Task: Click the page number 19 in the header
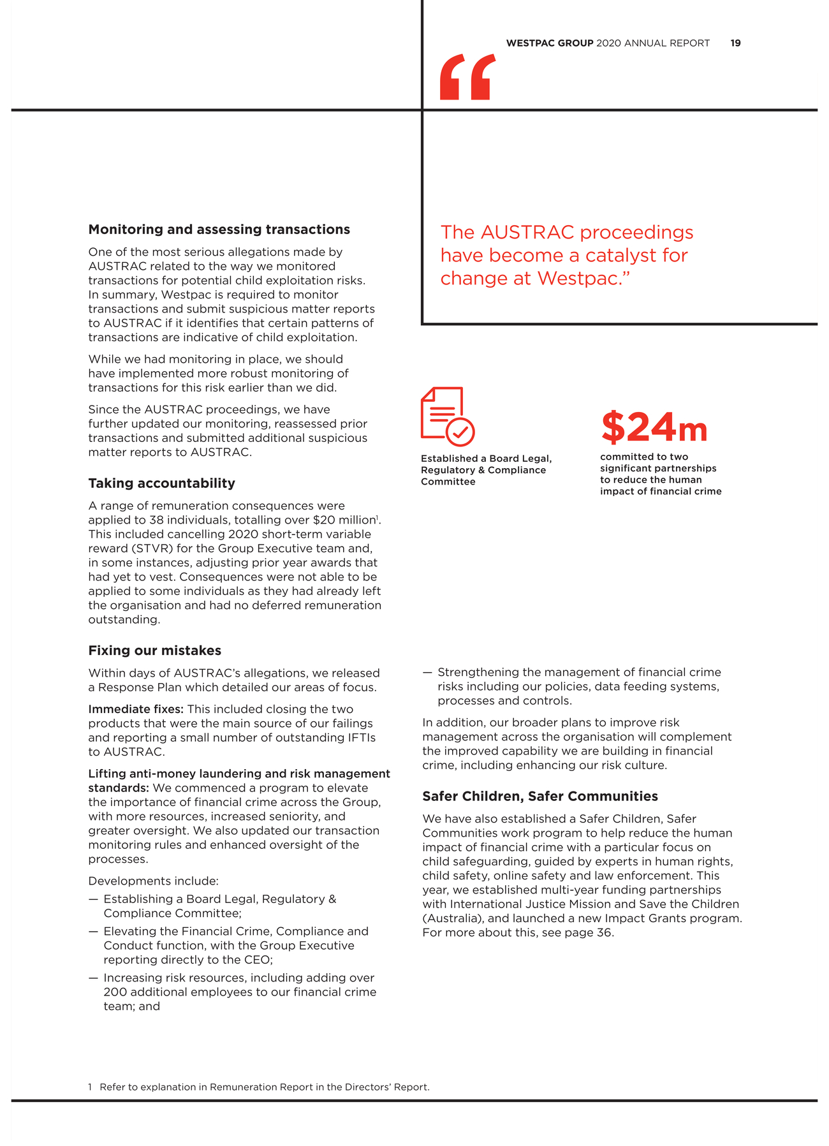[735, 43]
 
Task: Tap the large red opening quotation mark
[467, 77]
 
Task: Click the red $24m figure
[654, 427]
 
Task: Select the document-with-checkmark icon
[447, 416]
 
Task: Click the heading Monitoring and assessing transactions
[219, 230]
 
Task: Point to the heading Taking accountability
[161, 483]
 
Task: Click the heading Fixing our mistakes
[154, 650]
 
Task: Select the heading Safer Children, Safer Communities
[539, 797]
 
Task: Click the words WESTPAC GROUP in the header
[549, 43]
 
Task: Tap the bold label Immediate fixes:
[136, 709]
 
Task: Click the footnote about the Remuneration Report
[258, 1087]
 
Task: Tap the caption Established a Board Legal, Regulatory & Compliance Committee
[485, 470]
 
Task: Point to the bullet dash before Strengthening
[427, 672]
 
